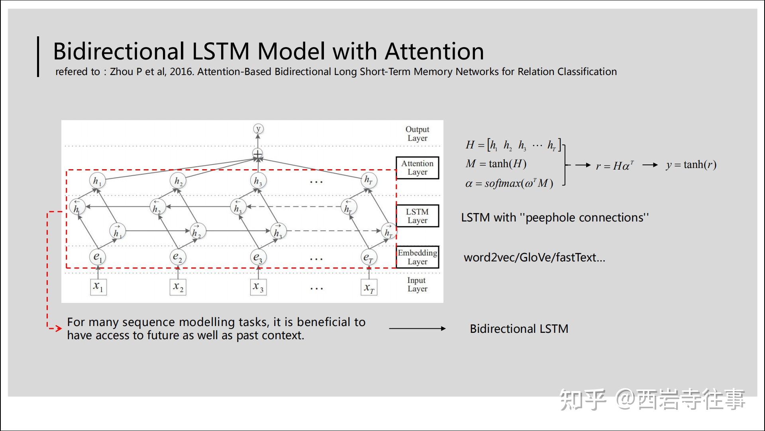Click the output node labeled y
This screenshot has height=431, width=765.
tap(258, 129)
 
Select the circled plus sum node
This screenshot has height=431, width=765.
tap(258, 154)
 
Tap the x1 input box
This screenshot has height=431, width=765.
tap(98, 287)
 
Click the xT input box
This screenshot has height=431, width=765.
tap(369, 287)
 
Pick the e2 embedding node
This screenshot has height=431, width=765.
tap(178, 257)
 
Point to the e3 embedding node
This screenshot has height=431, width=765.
tap(258, 257)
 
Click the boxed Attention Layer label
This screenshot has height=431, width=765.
tap(417, 168)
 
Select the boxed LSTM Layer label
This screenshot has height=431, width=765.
tap(417, 216)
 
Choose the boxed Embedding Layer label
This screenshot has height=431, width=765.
tap(417, 257)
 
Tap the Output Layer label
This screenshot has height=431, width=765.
tap(417, 134)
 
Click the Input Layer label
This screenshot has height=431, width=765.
tap(417, 285)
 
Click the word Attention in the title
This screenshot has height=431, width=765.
tap(434, 51)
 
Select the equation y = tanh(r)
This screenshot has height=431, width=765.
tap(691, 165)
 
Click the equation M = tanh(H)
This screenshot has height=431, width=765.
tap(496, 164)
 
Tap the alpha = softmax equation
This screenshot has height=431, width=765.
tap(509, 184)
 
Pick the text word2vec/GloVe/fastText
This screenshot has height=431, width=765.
tap(534, 257)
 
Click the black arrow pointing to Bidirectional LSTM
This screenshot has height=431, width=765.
tap(417, 328)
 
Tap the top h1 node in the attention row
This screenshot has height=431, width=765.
tap(97, 181)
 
